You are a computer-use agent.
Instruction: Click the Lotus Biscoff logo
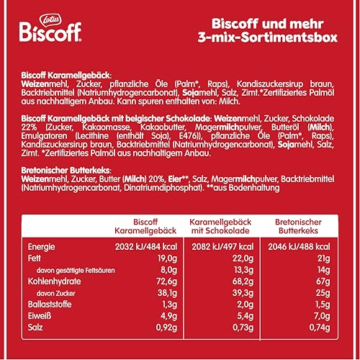tap(50, 29)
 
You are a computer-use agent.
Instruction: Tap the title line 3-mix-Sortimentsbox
tap(268, 37)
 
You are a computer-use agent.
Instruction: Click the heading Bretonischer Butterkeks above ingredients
tap(66, 171)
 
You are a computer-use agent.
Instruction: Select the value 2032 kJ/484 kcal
tap(146, 247)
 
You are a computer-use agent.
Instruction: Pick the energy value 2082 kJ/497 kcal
tap(222, 247)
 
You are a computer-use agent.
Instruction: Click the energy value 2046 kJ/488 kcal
tap(299, 247)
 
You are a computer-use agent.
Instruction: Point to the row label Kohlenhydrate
tap(55, 282)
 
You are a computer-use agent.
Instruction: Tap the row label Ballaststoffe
tap(50, 305)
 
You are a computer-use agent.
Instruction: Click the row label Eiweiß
tap(40, 316)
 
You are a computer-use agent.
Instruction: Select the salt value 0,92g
tap(166, 328)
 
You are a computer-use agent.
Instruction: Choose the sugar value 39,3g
tap(243, 293)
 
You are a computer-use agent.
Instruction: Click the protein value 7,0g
tap(322, 316)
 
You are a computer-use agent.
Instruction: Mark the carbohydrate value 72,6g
tap(166, 282)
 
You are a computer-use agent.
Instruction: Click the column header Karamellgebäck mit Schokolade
tap(220, 226)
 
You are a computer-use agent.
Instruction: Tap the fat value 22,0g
tap(243, 258)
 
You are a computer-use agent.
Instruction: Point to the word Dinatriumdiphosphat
tap(163, 188)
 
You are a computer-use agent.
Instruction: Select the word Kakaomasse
tap(106, 127)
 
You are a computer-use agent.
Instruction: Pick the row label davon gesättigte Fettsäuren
tap(76, 271)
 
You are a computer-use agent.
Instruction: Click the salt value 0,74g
tap(320, 328)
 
